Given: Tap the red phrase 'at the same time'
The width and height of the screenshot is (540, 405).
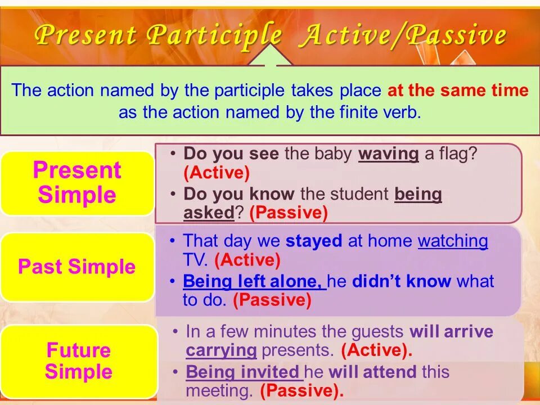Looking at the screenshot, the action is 458,90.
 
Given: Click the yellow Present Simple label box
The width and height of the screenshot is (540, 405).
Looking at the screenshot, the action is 77,183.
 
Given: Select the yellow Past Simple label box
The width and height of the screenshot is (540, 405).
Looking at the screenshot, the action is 77,267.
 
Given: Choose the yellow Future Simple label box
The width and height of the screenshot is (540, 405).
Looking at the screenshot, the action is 79,361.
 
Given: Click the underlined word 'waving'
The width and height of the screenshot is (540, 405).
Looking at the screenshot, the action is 389,154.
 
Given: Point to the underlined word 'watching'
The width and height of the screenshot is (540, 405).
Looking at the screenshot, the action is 453,241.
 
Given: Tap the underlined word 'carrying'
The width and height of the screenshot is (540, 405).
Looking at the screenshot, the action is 221,350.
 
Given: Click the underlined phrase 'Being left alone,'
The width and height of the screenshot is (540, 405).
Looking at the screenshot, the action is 254,281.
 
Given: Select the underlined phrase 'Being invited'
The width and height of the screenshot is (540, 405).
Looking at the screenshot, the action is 244,372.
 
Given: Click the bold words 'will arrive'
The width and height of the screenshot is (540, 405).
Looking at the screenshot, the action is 451,332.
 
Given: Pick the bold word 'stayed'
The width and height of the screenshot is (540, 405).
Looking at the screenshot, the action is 314,241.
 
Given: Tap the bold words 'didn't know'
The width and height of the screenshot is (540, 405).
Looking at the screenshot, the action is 401,281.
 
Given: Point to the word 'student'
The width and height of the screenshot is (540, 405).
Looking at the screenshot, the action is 359,194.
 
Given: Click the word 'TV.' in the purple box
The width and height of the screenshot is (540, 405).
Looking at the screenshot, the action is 195,260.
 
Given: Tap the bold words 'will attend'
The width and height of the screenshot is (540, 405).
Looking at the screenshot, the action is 372,372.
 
